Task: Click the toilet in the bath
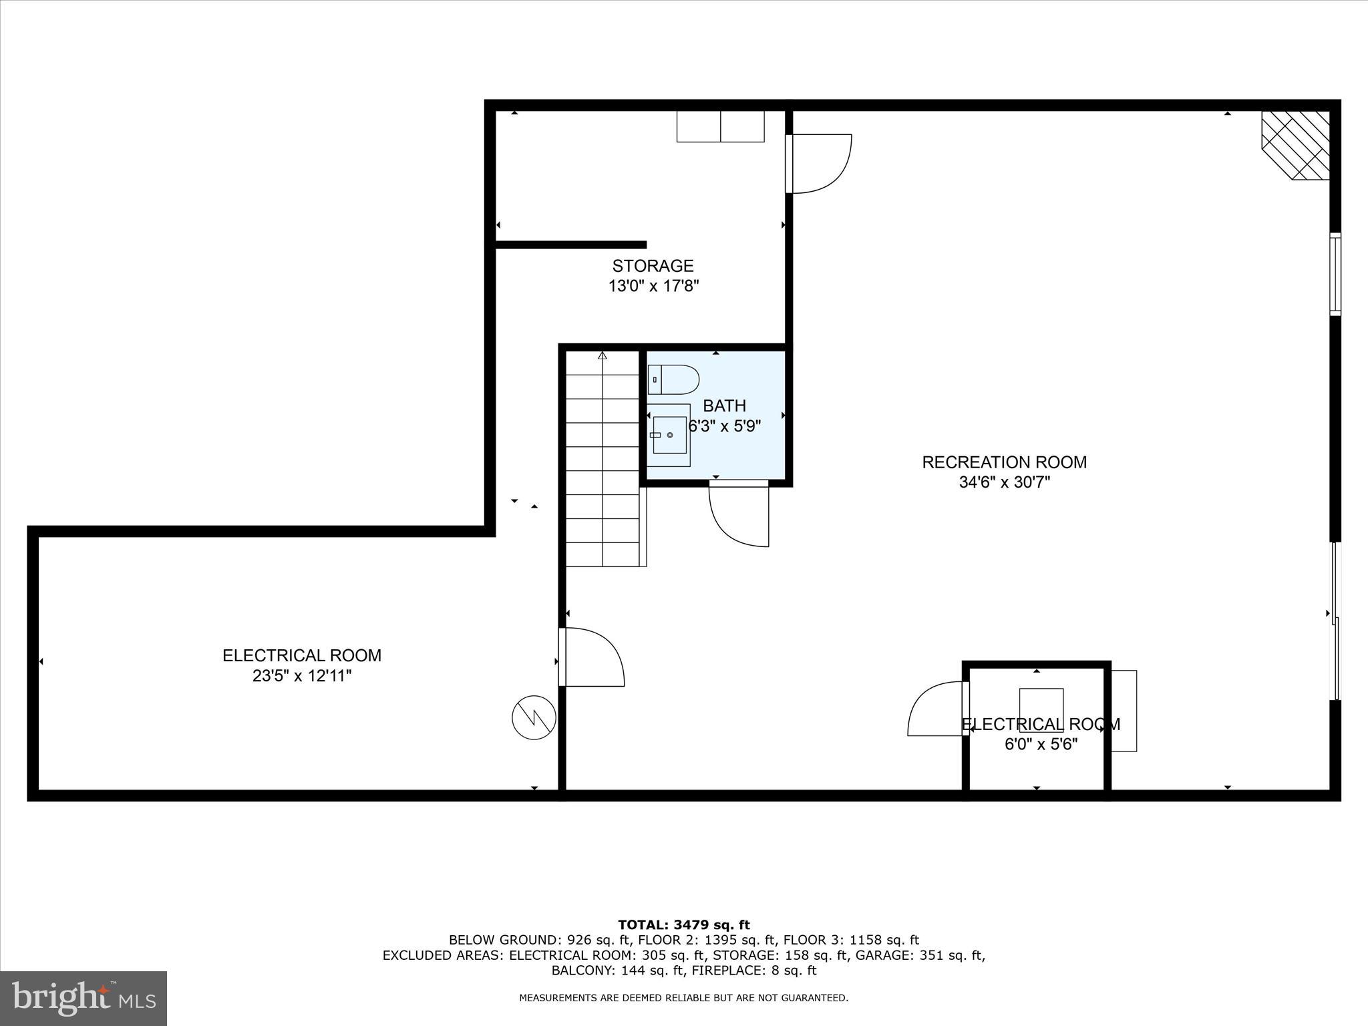[x=673, y=379]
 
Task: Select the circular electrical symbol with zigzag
[x=534, y=718]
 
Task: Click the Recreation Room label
[x=1004, y=462]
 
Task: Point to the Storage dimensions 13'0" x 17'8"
[x=653, y=287]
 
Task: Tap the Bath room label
[x=724, y=405]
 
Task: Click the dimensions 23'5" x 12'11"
[x=301, y=676]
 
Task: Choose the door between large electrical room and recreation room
[x=591, y=657]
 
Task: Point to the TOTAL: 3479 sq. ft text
[x=683, y=925]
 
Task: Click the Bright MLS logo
[x=83, y=998]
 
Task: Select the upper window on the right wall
[x=1335, y=274]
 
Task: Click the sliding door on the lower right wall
[x=1335, y=621]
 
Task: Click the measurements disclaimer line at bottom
[x=683, y=998]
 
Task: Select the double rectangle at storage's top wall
[x=720, y=126]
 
